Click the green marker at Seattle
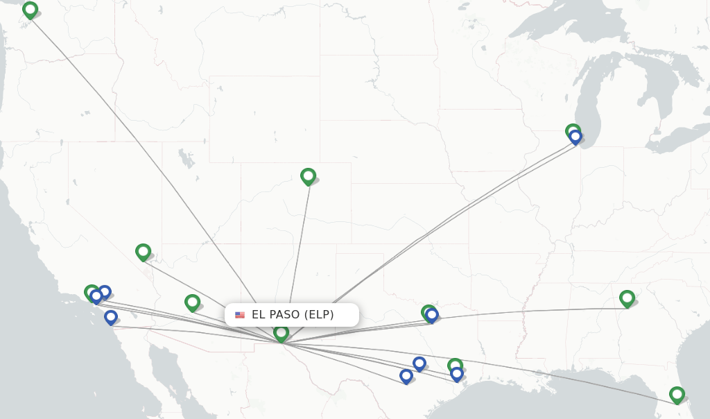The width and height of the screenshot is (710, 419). pyautogui.click(x=30, y=10)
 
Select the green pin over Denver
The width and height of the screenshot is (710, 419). pyautogui.click(x=308, y=176)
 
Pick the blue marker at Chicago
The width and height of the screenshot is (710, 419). pyautogui.click(x=575, y=137)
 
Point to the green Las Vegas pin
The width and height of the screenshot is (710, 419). pyautogui.click(x=143, y=251)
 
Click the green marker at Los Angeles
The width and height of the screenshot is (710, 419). pyautogui.click(x=91, y=292)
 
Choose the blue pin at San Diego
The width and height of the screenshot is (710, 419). pyautogui.click(x=111, y=317)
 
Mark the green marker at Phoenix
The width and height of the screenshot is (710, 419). pyautogui.click(x=192, y=302)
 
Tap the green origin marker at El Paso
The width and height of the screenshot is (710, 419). pyautogui.click(x=281, y=333)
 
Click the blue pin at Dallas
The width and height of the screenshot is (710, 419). pyautogui.click(x=432, y=316)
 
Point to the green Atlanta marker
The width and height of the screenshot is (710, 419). pyautogui.click(x=627, y=298)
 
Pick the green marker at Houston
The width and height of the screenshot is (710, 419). pyautogui.click(x=455, y=365)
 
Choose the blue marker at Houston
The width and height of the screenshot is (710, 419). pyautogui.click(x=457, y=374)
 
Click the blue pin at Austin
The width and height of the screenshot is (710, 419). pyautogui.click(x=419, y=364)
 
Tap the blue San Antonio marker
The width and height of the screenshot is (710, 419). pyautogui.click(x=406, y=376)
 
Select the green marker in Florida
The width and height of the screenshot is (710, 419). pyautogui.click(x=677, y=394)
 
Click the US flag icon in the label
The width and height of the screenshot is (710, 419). pyautogui.click(x=240, y=315)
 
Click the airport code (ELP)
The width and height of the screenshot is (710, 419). pyautogui.click(x=320, y=315)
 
